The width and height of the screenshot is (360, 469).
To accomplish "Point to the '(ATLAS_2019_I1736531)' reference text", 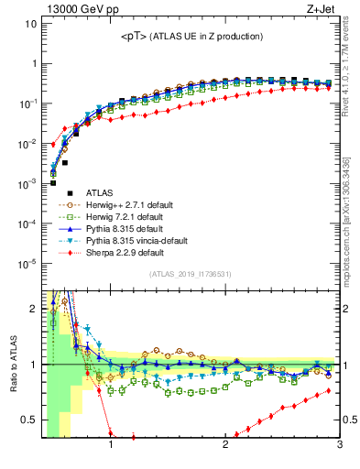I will click(x=190, y=274).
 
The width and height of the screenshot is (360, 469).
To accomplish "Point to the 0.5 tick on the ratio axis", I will click(x=29, y=420).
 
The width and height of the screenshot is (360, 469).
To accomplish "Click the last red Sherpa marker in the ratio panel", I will click(x=329, y=391).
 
